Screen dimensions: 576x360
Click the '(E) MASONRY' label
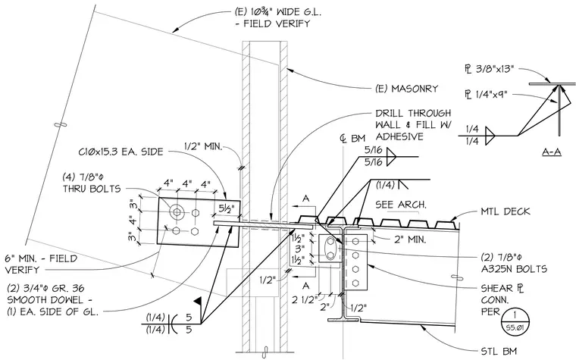tap(407, 89)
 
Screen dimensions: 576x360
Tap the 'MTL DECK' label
tap(506, 211)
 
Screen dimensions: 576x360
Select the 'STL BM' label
tap(499, 352)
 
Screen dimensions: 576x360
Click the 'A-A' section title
tap(552, 152)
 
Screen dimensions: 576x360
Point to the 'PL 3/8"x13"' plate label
tap(489, 69)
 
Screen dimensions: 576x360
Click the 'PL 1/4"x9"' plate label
tap(486, 95)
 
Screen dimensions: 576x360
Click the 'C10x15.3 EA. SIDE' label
tap(121, 152)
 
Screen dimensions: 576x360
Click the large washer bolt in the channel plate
tap(177, 212)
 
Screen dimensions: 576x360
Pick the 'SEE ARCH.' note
tap(401, 204)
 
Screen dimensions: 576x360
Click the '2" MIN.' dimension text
tap(410, 240)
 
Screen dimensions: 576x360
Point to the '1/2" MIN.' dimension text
tap(203, 146)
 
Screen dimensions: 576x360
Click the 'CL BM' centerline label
tap(352, 139)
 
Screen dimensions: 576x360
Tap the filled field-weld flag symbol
tap(198, 301)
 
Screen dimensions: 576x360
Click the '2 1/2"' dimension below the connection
tap(305, 300)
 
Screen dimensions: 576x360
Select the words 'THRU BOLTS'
tap(92, 189)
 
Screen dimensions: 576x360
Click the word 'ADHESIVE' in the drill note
tap(399, 136)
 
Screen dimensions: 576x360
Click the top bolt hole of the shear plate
tap(355, 241)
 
